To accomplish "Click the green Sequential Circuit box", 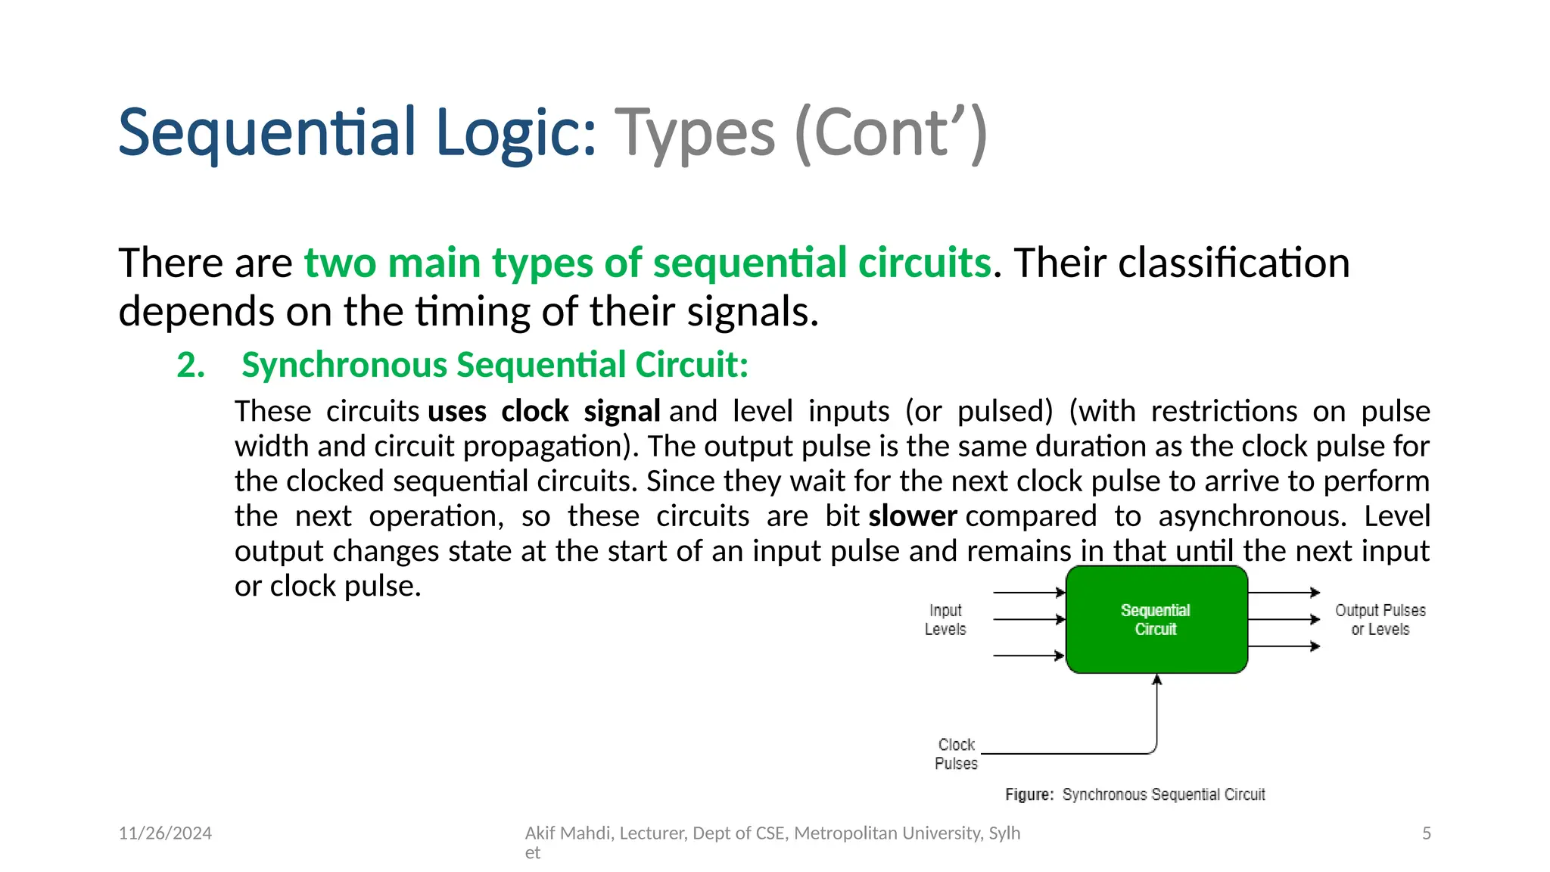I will pyautogui.click(x=1156, y=619).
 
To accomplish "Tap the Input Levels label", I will pyautogui.click(x=945, y=619).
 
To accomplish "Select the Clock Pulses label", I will pyautogui.click(x=956, y=754).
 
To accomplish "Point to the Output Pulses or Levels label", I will pyautogui.click(x=1380, y=619).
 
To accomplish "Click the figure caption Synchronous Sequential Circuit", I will pyautogui.click(x=1135, y=794).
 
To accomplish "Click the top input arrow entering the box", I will pyautogui.click(x=1029, y=592).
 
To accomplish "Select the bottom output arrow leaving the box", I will pyautogui.click(x=1284, y=646).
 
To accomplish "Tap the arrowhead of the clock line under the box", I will pyautogui.click(x=1156, y=680).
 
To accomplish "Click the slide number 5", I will pyautogui.click(x=1426, y=833).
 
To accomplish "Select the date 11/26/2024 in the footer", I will pyautogui.click(x=165, y=833).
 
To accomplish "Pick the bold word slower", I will pyautogui.click(x=912, y=516).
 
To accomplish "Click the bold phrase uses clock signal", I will pyautogui.click(x=543, y=411).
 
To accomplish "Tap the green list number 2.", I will pyautogui.click(x=191, y=365).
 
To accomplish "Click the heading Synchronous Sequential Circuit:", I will pyautogui.click(x=495, y=365).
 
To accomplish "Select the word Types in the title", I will pyautogui.click(x=694, y=133).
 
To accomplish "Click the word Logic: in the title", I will pyautogui.click(x=516, y=133).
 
